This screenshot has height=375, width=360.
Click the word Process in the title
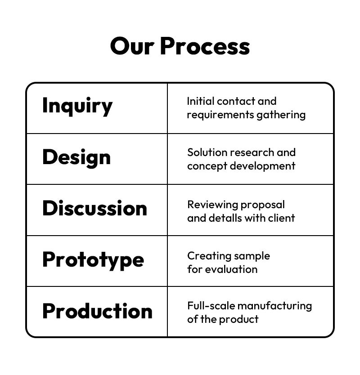205,46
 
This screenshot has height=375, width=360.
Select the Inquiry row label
77,106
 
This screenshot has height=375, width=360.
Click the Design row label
76,157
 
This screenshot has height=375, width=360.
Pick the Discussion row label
94,208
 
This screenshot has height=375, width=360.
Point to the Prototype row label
93,260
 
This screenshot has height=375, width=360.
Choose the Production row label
97,311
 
